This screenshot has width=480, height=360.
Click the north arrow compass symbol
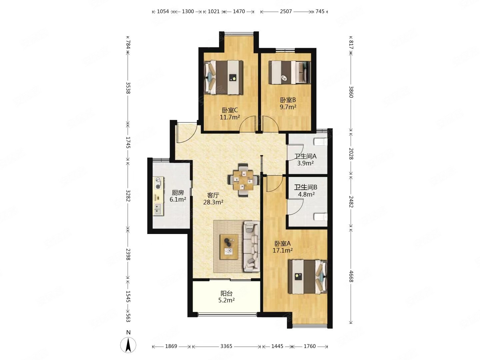[128, 345]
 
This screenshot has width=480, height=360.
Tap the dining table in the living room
[243, 180]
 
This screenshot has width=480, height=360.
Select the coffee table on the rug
[229, 247]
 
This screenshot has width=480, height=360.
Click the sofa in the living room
[251, 246]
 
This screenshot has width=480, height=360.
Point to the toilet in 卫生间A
[321, 142]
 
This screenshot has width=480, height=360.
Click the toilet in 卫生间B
[321, 217]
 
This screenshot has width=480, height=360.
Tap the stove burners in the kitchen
[158, 183]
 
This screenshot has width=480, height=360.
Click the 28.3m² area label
[213, 202]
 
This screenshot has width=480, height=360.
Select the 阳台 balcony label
[226, 293]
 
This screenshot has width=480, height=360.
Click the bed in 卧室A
[308, 277]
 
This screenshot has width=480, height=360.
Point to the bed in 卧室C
[223, 78]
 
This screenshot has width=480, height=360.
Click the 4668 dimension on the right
[351, 276]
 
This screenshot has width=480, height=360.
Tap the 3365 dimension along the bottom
[226, 346]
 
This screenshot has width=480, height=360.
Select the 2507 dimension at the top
[286, 11]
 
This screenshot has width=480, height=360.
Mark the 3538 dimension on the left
[128, 88]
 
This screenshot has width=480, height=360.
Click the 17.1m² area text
[283, 250]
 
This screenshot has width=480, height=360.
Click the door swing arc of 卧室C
[247, 122]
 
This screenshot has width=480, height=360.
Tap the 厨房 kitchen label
[178, 193]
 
